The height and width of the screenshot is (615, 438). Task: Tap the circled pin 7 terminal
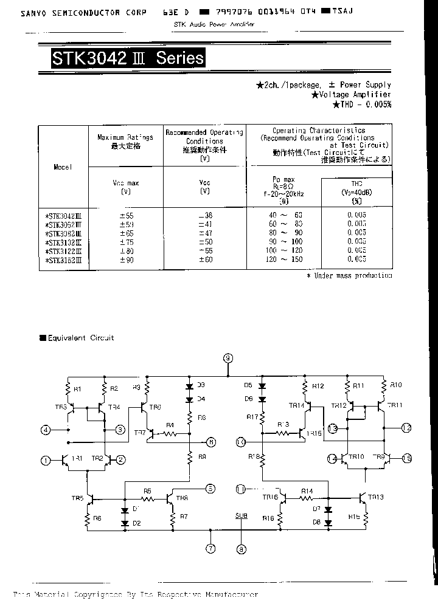coord(211,549)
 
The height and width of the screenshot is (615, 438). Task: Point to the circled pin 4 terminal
coord(45,430)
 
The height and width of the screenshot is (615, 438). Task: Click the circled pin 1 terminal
coord(45,460)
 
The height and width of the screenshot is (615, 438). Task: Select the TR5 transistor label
coord(77,498)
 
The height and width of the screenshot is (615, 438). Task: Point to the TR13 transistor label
coord(376,497)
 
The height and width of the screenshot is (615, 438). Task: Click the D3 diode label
coord(201,385)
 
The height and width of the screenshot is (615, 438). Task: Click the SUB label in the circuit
coord(242,515)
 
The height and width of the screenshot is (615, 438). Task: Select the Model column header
coord(63,167)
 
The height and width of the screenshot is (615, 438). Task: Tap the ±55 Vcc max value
coord(127,215)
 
